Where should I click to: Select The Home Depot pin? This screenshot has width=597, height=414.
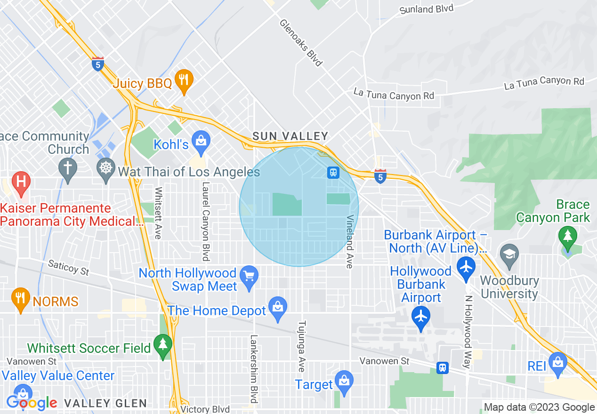coord(278,308)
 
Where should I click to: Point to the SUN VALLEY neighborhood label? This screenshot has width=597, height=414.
coord(290,136)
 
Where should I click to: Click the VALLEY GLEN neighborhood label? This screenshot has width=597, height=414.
coord(105,403)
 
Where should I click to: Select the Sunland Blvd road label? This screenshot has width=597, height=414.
coord(426,9)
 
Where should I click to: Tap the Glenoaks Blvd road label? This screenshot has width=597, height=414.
coord(301,42)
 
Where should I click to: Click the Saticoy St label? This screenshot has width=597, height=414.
coord(69,268)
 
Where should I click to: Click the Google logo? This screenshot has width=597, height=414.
coord(32,403)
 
